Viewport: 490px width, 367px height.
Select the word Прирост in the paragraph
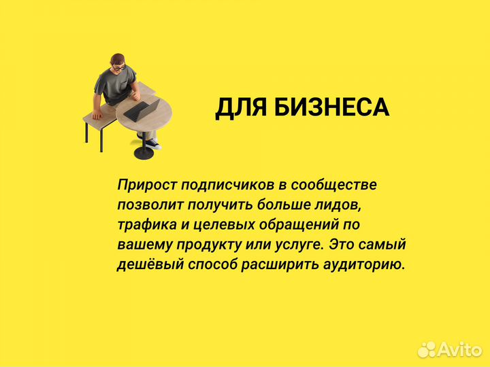tap(144, 185)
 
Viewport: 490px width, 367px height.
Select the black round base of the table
tap(144, 153)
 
